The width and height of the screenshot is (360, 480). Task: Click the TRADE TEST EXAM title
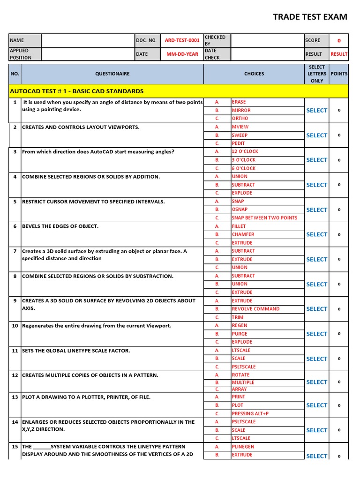point(310,17)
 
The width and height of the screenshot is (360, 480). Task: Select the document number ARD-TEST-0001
point(182,40)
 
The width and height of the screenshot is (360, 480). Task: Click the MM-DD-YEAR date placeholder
point(182,54)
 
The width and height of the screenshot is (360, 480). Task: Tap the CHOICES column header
point(254,74)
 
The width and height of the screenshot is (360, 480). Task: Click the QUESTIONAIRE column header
point(112,74)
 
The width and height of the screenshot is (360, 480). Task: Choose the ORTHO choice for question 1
point(240,119)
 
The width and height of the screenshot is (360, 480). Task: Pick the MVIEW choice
point(240,127)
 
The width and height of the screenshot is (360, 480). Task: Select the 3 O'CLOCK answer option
point(243,160)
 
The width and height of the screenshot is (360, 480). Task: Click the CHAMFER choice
point(243,234)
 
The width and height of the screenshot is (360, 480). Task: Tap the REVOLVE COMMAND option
point(255,309)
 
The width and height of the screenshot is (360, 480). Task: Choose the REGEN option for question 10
point(239,325)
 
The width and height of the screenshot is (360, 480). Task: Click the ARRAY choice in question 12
point(239,389)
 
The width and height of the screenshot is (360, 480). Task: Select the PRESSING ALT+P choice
point(250,414)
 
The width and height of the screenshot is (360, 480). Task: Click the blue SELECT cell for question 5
point(316,210)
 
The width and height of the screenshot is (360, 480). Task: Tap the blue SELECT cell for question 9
point(316,309)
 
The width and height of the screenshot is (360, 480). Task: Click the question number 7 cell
point(15,251)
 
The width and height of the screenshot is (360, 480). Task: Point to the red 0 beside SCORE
point(339,41)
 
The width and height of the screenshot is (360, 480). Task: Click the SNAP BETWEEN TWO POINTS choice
point(264,218)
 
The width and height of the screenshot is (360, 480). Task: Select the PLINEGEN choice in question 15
point(242,447)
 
